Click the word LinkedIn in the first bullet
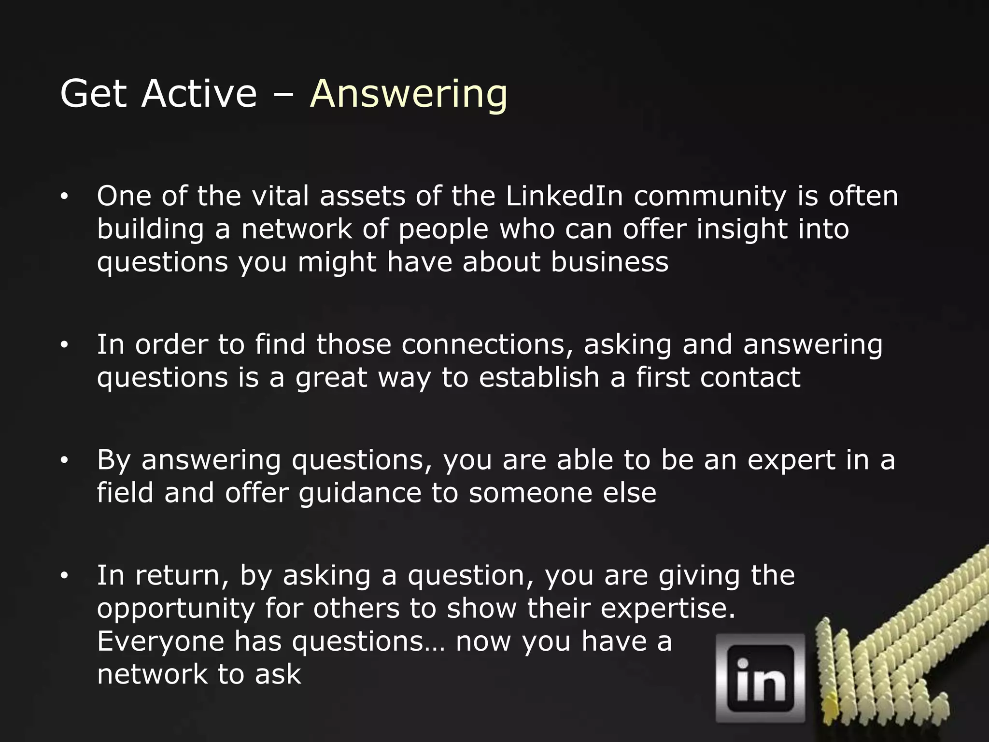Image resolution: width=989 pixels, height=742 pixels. point(564,196)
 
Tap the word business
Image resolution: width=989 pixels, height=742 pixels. point(609,262)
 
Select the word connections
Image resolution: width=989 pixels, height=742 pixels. point(487,345)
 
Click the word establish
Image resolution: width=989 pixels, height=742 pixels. point(539,377)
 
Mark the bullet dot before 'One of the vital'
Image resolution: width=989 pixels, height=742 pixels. point(64,197)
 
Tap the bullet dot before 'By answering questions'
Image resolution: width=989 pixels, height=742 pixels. point(64,461)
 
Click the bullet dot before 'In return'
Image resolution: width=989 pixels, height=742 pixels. point(64,576)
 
